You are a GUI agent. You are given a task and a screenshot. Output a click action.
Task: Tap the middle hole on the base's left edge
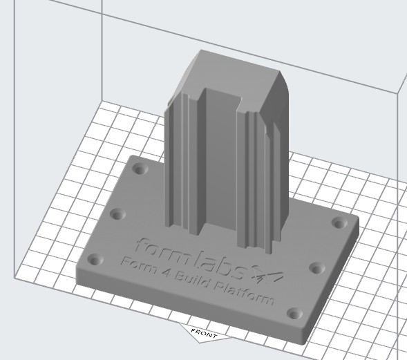(117, 214)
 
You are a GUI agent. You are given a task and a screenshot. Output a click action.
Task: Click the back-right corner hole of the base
(339, 222)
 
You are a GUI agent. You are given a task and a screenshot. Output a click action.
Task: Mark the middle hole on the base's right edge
(317, 267)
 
